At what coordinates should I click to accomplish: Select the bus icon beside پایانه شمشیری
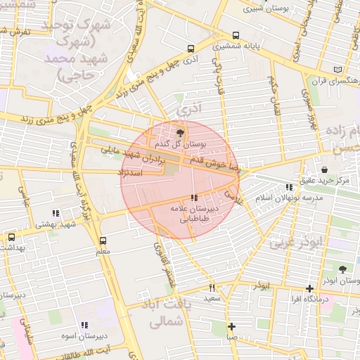point(236,35)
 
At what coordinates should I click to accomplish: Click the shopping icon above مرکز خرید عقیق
point(324,169)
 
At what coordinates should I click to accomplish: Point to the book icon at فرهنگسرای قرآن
point(340,70)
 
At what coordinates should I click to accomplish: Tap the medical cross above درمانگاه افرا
point(309,288)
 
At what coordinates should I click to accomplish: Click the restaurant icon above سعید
point(212,288)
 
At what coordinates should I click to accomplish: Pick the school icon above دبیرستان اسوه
point(84,325)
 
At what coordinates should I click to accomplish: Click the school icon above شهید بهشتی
point(55,213)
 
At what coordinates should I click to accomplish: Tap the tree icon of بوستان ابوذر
point(342,269)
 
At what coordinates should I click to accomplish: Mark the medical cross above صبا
point(231,326)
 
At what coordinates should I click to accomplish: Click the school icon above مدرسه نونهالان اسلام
point(289,187)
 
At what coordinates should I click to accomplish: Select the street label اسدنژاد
point(132,172)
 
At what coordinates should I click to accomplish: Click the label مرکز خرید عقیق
point(323,181)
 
